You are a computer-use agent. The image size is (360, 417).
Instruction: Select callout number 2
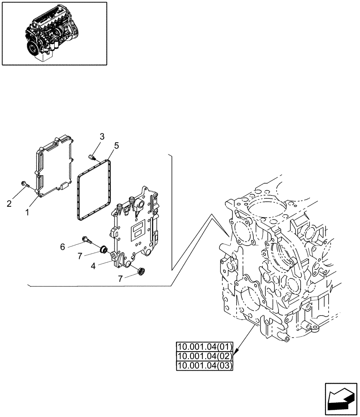click(9, 203)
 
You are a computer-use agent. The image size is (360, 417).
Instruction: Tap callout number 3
click(102, 136)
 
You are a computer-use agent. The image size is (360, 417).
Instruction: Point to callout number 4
click(93, 266)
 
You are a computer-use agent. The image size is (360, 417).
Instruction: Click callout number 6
click(62, 247)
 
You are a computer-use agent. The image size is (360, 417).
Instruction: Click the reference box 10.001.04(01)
click(204, 347)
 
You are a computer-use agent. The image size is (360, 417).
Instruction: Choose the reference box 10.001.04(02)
click(204, 356)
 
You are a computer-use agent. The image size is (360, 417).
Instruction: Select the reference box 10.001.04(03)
click(204, 366)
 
